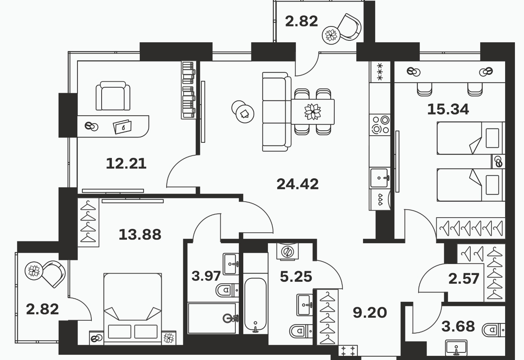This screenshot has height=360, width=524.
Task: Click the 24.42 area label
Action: pos(297,184)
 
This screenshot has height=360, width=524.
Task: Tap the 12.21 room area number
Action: pos(126,164)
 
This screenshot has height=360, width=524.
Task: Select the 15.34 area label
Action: pos(448,109)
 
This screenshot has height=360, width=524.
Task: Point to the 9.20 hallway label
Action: pos(370,312)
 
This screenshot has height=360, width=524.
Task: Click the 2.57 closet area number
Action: pos(464,279)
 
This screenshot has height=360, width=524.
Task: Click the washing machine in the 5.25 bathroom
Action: pos(288,252)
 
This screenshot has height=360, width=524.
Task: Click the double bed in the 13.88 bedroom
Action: pos(133,309)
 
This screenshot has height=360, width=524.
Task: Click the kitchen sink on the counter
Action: pos(380,178)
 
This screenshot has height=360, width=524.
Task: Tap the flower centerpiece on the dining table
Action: pos(312,111)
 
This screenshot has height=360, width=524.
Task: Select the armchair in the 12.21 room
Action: pos(113,96)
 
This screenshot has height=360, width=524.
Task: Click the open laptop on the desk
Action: pos(122,127)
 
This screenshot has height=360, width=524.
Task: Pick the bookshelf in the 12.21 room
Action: pos(189,90)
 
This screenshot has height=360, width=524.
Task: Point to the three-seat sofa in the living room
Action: pos(277,111)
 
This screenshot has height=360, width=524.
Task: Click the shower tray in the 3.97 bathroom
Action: pos(213,318)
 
